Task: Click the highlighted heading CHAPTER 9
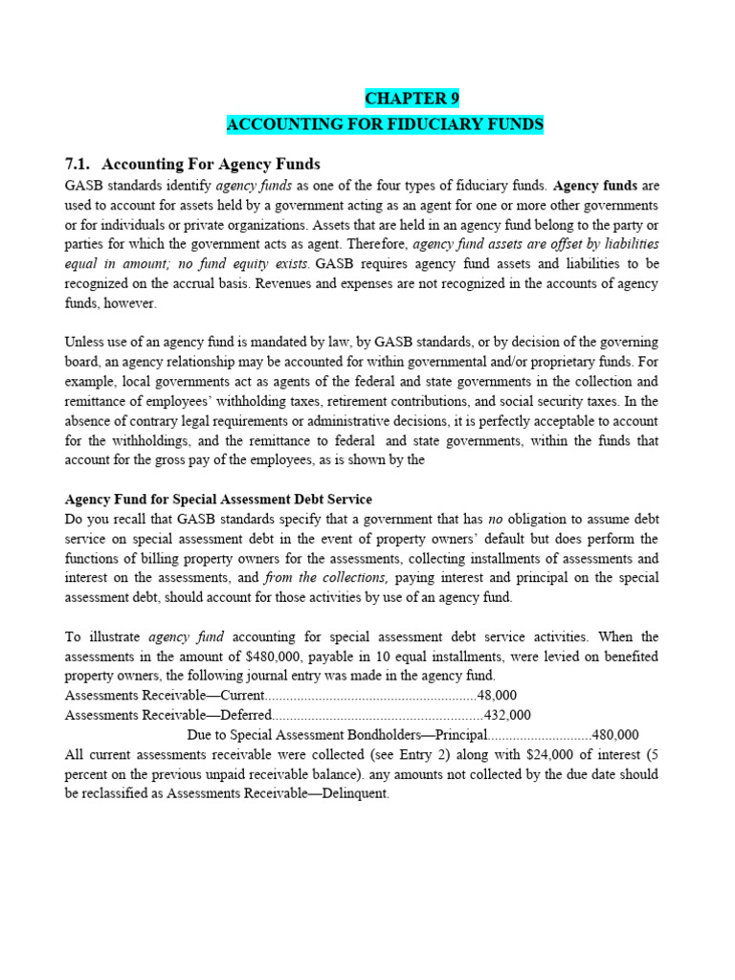405,99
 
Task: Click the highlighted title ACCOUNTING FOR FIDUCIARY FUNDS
385,124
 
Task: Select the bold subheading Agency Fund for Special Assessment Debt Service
218,500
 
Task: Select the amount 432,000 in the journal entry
508,715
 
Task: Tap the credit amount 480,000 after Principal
615,735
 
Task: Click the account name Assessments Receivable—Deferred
168,715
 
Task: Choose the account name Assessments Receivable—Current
163,696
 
